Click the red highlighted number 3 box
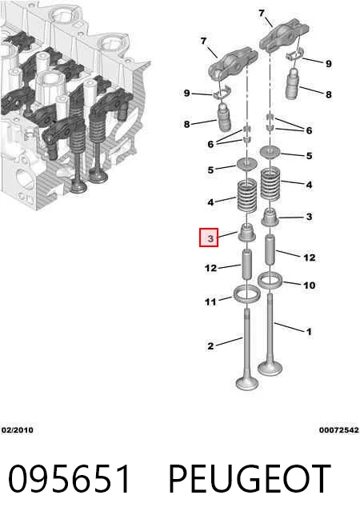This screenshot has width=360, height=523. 209,238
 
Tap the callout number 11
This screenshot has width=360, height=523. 210,301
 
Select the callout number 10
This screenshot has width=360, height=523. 309,285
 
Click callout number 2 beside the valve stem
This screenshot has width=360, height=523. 210,346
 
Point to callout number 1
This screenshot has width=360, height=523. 309,332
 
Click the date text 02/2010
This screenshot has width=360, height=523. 18,430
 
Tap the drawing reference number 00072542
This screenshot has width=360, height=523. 339,430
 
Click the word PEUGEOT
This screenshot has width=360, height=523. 250,479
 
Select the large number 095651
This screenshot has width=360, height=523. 69,479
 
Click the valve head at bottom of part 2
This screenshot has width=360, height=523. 247,383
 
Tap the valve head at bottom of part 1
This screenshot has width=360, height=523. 270,368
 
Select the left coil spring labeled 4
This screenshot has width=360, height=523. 247,196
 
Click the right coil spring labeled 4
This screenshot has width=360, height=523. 270,184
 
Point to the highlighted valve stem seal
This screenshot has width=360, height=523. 246,233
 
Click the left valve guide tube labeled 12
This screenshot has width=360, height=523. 246,265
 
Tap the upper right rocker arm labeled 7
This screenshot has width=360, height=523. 284,36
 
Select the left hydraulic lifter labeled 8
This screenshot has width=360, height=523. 225,117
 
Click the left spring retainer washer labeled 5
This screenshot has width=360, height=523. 247,165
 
